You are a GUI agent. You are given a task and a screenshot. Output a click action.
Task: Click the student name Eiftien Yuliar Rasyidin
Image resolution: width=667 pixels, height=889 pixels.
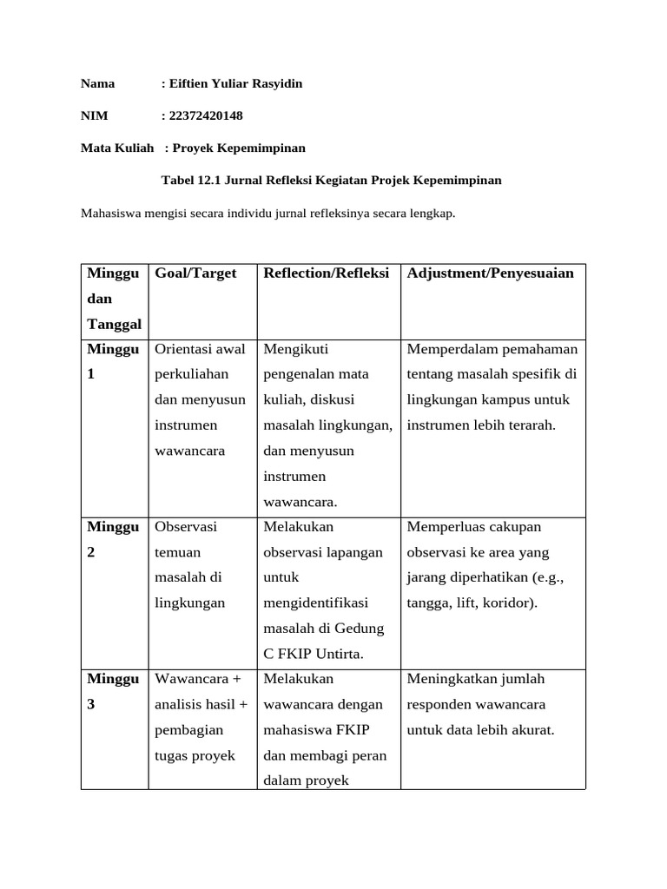(235, 83)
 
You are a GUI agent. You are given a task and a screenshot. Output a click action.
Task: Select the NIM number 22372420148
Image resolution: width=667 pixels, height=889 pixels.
(208, 115)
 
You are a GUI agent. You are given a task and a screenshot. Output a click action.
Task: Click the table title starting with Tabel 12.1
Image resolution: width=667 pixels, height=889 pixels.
(332, 181)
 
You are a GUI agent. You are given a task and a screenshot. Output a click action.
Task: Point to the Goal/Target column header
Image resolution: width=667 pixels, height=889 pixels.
(195, 273)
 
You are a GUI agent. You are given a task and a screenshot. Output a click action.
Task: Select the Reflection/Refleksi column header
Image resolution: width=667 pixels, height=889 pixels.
(327, 273)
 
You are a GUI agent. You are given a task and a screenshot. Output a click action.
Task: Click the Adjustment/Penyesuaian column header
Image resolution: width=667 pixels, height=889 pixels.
(491, 273)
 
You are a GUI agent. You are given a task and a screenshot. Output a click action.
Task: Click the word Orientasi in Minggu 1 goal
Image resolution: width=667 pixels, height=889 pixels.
(185, 349)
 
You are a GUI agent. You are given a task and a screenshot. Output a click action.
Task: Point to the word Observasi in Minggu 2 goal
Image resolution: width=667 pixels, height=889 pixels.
(186, 527)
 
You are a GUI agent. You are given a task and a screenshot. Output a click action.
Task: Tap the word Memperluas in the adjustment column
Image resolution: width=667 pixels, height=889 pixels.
(441, 527)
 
